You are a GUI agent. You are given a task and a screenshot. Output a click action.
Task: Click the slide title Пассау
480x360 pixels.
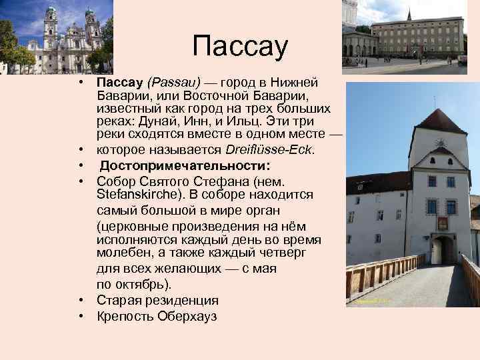pyautogui.click(x=239, y=47)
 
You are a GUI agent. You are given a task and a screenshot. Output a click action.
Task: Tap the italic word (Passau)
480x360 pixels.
pyautogui.click(x=174, y=82)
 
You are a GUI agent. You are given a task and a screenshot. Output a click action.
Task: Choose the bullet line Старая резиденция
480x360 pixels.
pyautogui.click(x=157, y=301)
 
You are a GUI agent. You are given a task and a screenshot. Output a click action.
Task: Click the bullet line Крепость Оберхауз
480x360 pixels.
pyautogui.click(x=157, y=316)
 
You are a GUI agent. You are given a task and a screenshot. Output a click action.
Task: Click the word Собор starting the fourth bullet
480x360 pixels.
pyautogui.click(x=117, y=181)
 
